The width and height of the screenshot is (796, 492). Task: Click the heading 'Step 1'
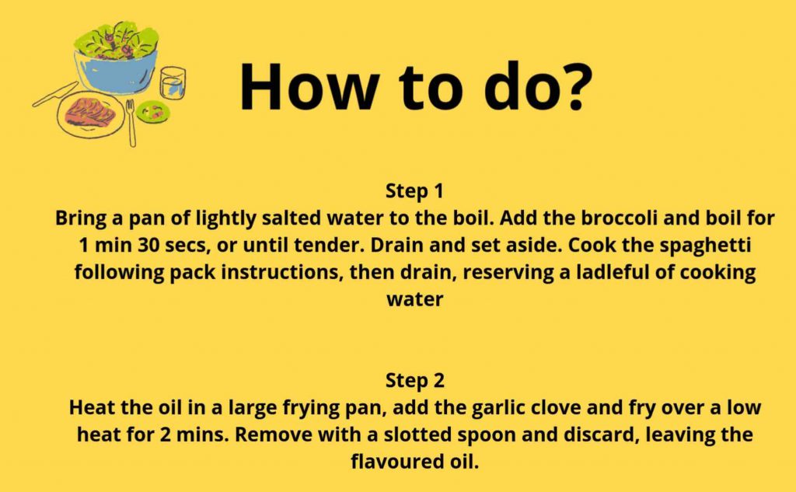click(415, 192)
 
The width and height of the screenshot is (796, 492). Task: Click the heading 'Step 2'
click(415, 381)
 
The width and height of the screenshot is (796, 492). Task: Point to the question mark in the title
click(573, 86)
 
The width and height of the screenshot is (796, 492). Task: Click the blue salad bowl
click(115, 71)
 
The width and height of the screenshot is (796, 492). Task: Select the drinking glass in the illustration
click(173, 82)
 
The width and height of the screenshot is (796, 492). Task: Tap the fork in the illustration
click(131, 123)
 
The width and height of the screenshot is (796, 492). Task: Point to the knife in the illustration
click(55, 95)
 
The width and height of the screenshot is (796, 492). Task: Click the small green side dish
click(153, 112)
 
